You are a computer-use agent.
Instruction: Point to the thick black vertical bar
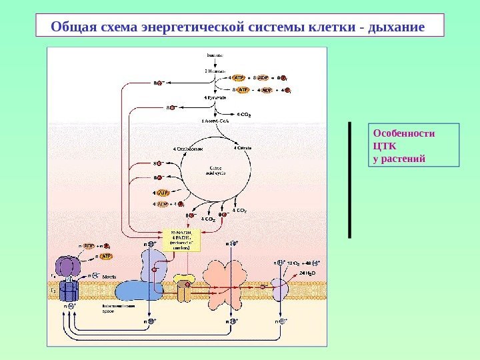pos(349,179)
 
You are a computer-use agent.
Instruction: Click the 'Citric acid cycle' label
pos(217,169)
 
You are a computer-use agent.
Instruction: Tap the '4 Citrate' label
pos(241,148)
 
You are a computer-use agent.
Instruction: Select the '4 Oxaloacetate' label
pos(188,148)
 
